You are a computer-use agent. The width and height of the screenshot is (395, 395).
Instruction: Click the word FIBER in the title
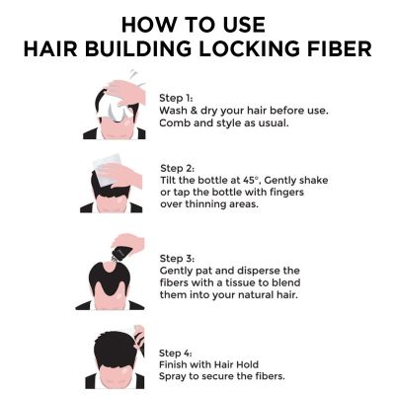335,48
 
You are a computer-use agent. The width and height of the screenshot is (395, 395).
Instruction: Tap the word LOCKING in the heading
248,48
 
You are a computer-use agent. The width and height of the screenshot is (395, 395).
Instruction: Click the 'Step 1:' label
179,97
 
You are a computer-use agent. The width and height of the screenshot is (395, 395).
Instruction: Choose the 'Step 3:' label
179,257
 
